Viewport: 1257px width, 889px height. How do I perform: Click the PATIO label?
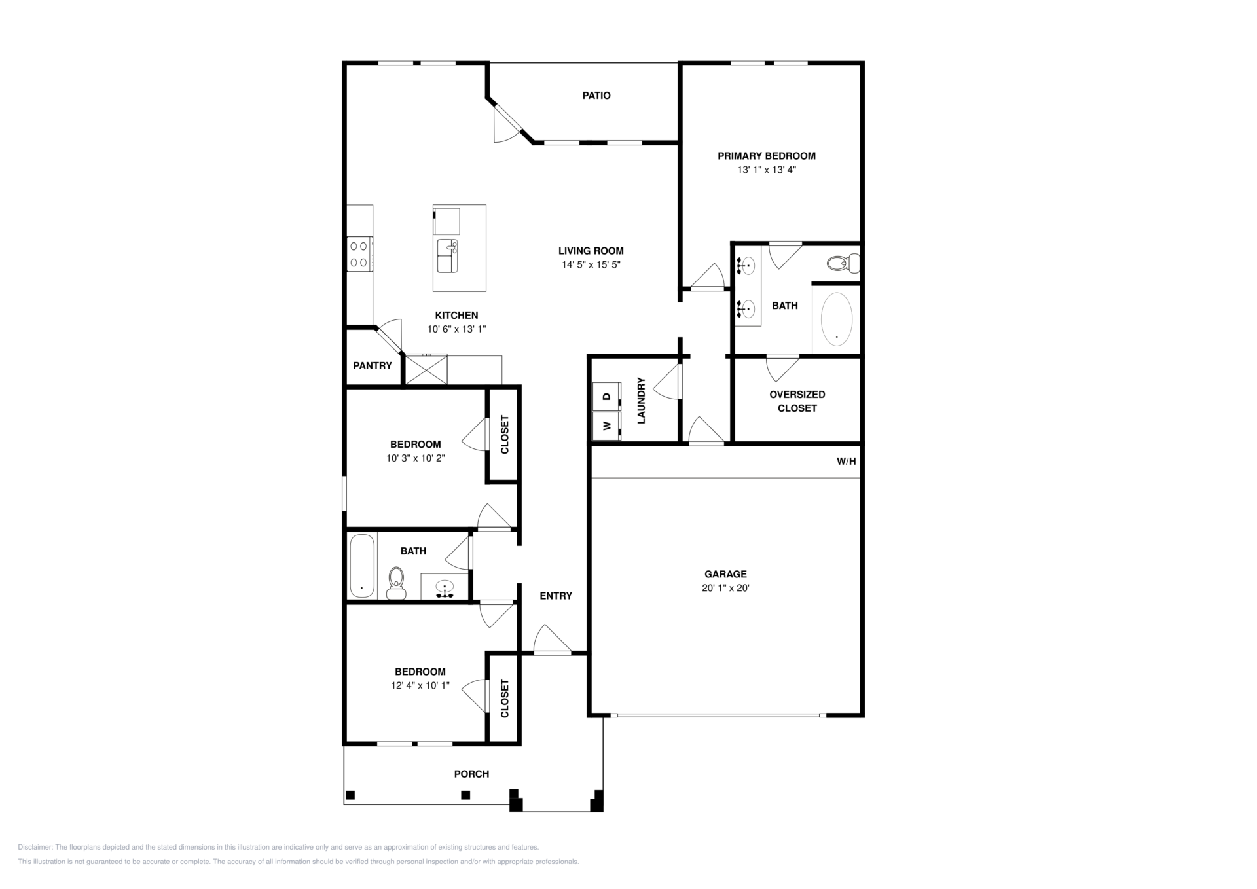point(596,96)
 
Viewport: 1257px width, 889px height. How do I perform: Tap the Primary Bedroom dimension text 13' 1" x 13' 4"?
point(767,170)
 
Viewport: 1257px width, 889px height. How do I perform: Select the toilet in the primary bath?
point(843,263)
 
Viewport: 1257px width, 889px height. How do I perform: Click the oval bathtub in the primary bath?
point(837,319)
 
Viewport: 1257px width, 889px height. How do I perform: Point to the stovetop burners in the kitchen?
point(359,254)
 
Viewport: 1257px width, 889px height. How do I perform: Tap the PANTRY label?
point(373,366)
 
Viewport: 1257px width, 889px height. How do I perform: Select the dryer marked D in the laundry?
point(606,396)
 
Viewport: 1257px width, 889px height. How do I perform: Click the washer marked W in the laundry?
point(606,426)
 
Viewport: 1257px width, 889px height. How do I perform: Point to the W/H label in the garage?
point(846,462)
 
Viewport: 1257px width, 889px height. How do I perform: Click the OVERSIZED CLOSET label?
point(797,401)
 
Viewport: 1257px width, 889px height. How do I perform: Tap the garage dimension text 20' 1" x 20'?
point(725,588)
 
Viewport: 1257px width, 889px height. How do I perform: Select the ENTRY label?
point(556,596)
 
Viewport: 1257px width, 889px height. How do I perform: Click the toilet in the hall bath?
point(396,583)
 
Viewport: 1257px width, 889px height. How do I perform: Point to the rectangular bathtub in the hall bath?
point(362,566)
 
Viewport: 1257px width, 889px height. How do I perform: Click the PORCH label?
point(471,774)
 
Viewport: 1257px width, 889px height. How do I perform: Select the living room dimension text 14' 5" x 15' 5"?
point(591,265)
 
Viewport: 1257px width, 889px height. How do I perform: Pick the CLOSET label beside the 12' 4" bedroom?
point(505,698)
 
